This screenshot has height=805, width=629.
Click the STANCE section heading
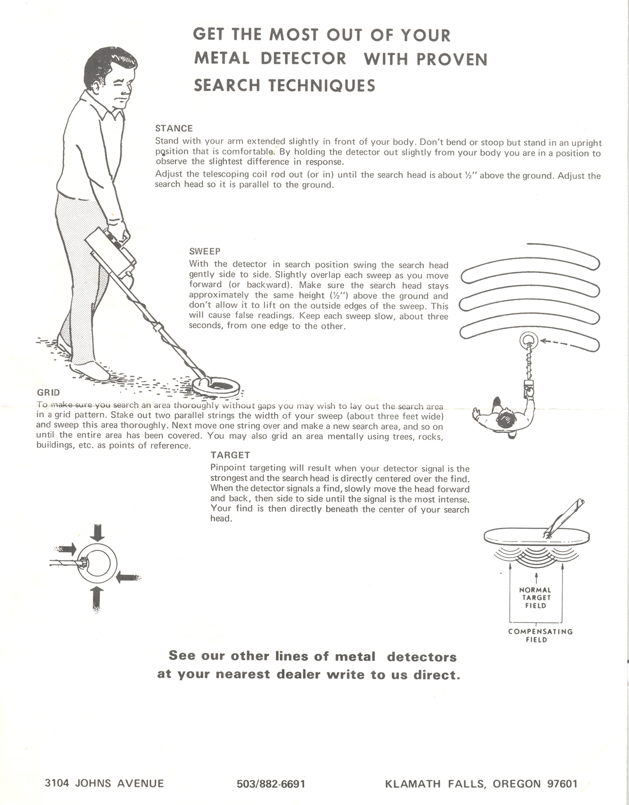point(174,128)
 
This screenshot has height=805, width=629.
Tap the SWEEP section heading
point(204,251)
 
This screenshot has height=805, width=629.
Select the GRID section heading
point(48,392)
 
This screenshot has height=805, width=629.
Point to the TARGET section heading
point(230,455)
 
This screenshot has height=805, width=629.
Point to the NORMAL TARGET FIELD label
point(536,598)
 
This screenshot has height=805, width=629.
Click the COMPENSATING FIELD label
point(540,636)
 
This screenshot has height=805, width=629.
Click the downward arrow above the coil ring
point(97,533)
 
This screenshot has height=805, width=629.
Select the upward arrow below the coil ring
point(97,599)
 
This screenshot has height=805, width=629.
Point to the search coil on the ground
point(216,386)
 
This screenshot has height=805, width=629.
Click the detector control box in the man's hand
point(110,252)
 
